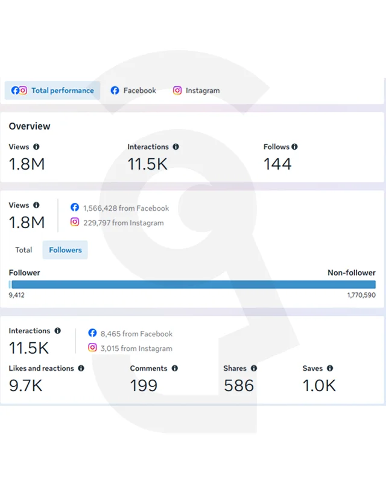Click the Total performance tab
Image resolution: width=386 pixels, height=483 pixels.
tap(52, 91)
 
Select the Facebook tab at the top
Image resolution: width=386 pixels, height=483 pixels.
tap(133, 91)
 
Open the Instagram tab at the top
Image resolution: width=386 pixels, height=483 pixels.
tap(197, 91)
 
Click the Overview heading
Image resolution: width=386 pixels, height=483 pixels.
tap(30, 126)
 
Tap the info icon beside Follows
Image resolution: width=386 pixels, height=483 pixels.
tap(294, 147)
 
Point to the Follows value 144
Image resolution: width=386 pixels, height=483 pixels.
tap(277, 164)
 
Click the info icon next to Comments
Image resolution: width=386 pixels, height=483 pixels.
tap(175, 368)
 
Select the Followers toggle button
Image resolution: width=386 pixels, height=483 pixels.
tap(65, 250)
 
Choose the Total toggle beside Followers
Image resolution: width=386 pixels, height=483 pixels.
tap(24, 250)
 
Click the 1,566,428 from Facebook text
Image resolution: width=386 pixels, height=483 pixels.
tap(126, 208)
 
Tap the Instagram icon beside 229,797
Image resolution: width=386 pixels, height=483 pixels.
tap(75, 222)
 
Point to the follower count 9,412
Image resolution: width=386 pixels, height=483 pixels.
tap(17, 295)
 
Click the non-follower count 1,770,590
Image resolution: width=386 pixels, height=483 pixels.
tap(361, 295)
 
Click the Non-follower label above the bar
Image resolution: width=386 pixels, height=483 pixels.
tap(352, 273)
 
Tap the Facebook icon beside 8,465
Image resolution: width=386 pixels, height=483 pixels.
tap(92, 333)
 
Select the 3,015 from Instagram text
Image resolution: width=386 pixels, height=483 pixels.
tap(136, 349)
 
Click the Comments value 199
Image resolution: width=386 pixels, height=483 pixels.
tap(144, 386)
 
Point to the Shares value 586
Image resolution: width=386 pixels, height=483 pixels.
tap(239, 386)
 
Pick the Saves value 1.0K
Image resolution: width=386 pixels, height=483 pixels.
tap(319, 386)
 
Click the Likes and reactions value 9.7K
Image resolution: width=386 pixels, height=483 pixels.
tap(25, 386)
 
